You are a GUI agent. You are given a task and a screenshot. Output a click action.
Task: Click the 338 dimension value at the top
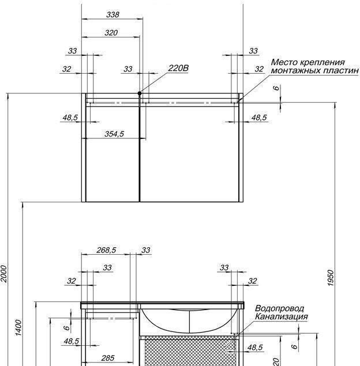click(112, 14)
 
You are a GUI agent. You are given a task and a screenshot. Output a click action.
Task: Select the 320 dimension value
click(111, 33)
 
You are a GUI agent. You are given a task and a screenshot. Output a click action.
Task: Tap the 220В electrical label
click(178, 68)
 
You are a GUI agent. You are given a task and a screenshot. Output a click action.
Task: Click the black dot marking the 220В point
click(140, 93)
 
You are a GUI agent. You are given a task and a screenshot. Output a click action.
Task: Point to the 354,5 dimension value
click(114, 134)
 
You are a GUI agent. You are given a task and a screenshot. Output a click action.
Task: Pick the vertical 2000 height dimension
click(4, 274)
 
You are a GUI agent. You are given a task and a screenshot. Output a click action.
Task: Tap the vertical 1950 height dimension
click(331, 278)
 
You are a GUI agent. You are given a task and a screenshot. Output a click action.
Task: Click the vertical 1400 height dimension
click(18, 328)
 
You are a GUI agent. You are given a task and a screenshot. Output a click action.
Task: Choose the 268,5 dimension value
click(106, 250)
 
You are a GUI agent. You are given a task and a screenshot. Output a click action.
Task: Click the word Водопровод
click(279, 308)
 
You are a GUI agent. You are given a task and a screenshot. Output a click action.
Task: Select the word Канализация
click(282, 317)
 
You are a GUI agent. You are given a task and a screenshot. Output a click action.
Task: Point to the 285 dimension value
click(108, 358)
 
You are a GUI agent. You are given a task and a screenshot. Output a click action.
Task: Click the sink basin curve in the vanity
click(190, 320)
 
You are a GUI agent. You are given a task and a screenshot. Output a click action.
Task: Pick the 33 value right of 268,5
click(146, 250)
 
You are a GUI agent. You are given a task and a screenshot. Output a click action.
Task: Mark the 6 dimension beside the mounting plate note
click(276, 88)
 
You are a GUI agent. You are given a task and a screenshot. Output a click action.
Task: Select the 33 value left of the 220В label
click(128, 69)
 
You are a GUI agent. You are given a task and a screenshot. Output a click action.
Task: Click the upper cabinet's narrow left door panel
click(112, 154)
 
